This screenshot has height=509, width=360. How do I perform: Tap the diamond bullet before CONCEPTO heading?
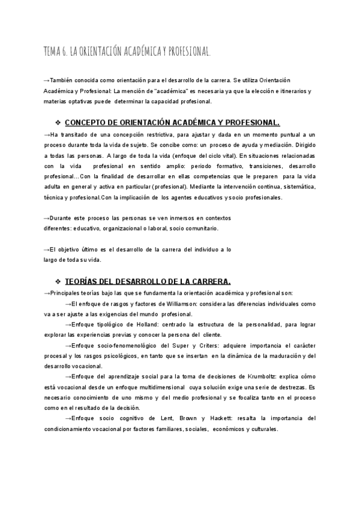(58, 121)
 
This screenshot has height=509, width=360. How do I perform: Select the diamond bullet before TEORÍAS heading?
(58, 281)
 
